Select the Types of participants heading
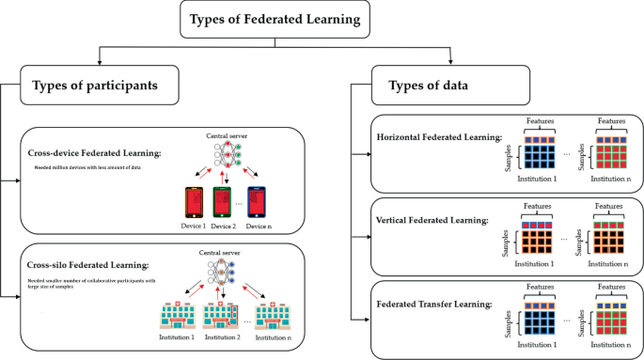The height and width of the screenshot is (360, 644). (94, 86)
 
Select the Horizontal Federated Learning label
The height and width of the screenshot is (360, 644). (439, 137)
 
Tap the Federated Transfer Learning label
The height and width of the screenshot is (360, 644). (433, 304)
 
